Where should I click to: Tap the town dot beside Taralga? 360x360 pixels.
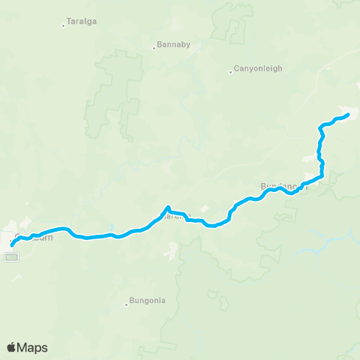pos(63,25)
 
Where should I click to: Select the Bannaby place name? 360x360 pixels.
pos(173,44)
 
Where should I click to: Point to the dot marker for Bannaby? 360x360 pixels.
pos(154,48)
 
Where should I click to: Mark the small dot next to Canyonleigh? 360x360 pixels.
pos(230,73)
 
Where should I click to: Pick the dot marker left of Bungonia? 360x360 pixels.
pos(126,304)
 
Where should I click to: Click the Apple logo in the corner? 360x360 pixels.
pos(12,347)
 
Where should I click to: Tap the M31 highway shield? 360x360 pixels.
pos(10,256)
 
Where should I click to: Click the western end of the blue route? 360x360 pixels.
pos(12,245)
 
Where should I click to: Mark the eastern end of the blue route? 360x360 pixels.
pos(348,115)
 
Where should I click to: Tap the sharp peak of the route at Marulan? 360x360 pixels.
pos(168,207)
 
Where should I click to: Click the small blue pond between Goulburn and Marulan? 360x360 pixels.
pos(111,227)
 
